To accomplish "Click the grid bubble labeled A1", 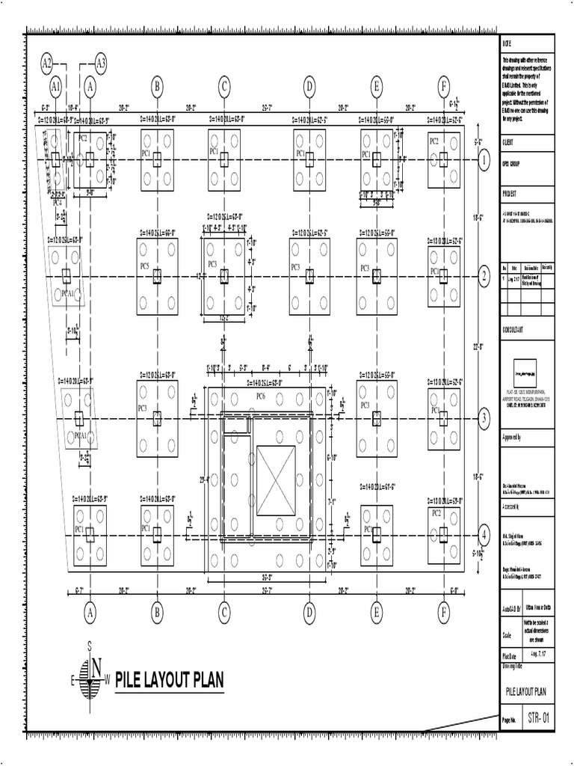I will [x=55, y=87].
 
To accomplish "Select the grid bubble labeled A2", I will [x=49, y=63].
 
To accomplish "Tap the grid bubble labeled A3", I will [x=101, y=63].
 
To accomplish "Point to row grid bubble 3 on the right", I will [x=484, y=418].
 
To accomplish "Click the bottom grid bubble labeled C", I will [x=223, y=613].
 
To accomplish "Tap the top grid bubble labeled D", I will [x=309, y=87].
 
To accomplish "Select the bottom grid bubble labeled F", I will [x=444, y=613].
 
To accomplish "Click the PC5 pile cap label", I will [x=143, y=266].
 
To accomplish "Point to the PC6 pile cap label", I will [x=261, y=395].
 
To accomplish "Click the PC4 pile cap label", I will [x=57, y=201].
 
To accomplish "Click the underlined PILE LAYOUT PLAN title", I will [x=170, y=681].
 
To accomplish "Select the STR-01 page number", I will [x=537, y=719].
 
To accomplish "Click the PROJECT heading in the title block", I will [x=510, y=192].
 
